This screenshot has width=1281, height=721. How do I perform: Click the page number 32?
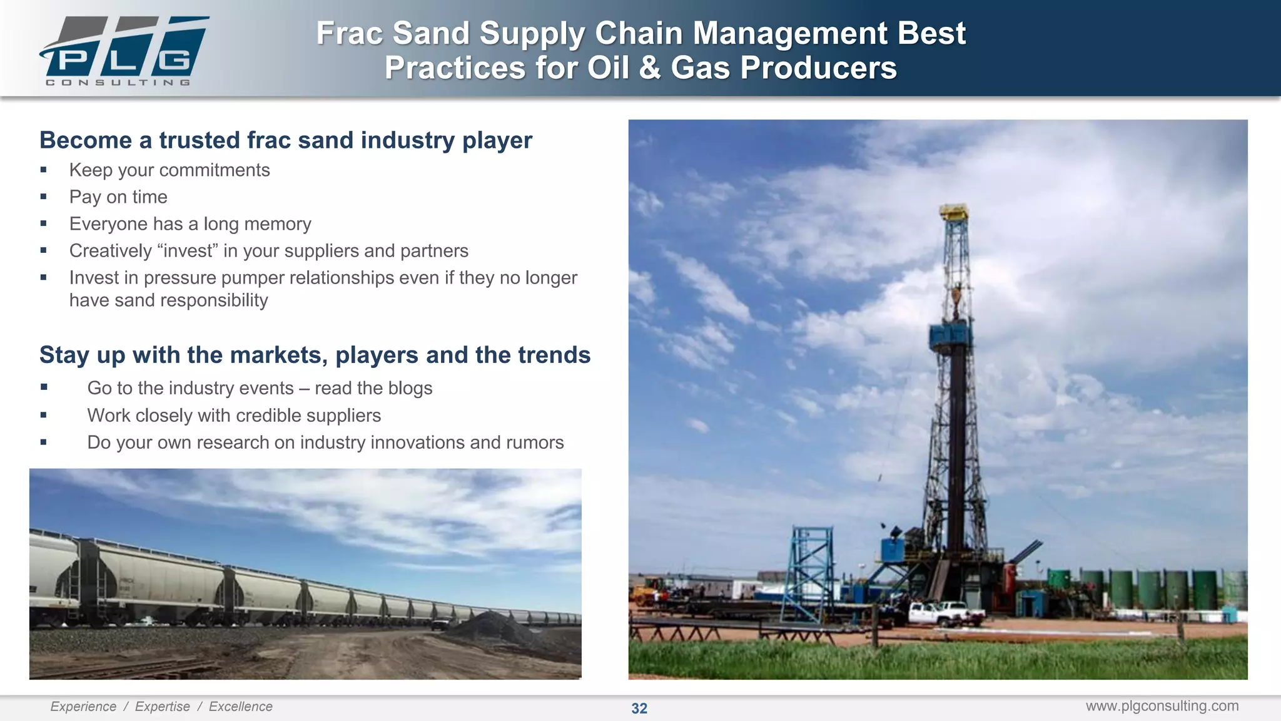(x=639, y=708)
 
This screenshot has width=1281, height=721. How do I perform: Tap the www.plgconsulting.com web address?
(x=1162, y=706)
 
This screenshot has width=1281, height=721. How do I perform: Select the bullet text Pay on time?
(x=118, y=197)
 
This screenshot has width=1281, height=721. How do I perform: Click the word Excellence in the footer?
(x=240, y=707)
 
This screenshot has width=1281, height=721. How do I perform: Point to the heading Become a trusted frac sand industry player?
(x=285, y=140)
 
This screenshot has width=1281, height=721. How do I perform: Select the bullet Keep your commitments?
(x=170, y=170)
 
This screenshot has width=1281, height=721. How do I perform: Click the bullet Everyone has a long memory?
(x=190, y=224)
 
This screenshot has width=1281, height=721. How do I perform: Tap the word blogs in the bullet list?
(x=410, y=388)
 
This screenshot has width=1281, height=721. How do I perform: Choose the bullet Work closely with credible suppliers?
(x=234, y=416)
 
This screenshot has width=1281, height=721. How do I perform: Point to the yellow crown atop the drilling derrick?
(x=954, y=212)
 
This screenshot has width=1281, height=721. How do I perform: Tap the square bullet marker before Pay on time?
(x=43, y=197)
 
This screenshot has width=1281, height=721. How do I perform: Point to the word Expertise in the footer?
(x=162, y=707)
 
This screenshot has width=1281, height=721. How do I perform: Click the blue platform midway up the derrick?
(x=951, y=336)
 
